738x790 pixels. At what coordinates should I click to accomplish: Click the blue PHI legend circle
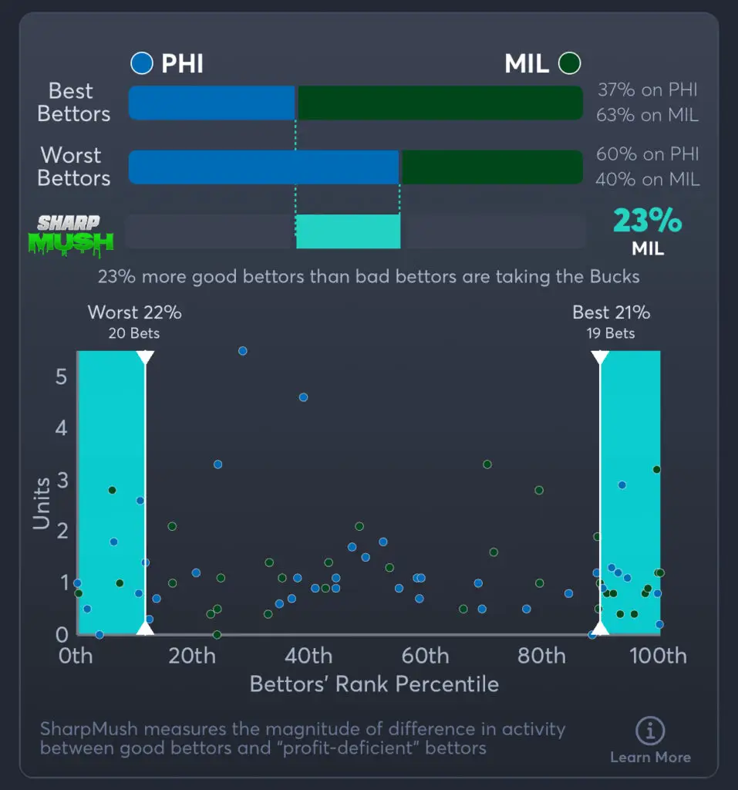[x=142, y=63]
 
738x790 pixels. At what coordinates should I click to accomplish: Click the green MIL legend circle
[x=570, y=63]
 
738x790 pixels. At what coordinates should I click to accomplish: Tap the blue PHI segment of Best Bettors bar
[x=211, y=103]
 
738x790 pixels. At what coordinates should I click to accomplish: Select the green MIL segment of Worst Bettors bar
[x=492, y=167]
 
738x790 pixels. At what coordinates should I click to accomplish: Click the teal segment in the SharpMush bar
[x=348, y=231]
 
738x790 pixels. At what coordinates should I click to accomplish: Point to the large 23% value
[x=647, y=221]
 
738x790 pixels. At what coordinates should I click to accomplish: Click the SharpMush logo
[x=76, y=233]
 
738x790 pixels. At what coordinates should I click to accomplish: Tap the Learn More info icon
[x=650, y=730]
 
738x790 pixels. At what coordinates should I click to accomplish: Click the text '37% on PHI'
[x=647, y=90]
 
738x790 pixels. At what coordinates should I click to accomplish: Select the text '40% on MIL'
[x=647, y=180]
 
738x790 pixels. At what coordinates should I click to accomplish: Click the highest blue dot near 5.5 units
[x=242, y=350]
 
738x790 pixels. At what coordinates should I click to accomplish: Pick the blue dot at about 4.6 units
[x=303, y=397]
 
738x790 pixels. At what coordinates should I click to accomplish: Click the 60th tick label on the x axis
[x=425, y=657]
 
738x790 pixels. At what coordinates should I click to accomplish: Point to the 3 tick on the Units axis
[x=62, y=479]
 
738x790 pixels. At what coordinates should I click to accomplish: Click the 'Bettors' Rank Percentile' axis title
[x=374, y=684]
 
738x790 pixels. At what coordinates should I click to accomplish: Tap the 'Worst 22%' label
[x=135, y=312]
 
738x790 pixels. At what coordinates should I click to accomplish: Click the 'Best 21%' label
[x=611, y=312]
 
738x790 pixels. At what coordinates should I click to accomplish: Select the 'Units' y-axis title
[x=42, y=503]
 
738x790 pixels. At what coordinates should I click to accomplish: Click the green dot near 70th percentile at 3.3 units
[x=487, y=464]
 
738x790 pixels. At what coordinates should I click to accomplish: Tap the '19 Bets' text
[x=610, y=333]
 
